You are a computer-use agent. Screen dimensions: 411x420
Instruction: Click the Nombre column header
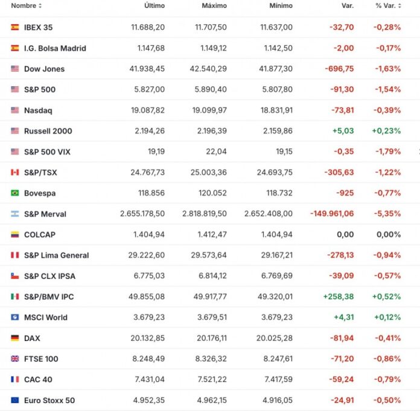coord(23,5)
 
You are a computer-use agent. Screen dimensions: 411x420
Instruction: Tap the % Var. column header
coord(386,5)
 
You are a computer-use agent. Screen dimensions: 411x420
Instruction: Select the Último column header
coord(154,5)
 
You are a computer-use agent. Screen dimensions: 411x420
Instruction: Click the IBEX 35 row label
coord(38,27)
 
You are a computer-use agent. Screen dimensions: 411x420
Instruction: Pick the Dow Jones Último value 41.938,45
coord(147,69)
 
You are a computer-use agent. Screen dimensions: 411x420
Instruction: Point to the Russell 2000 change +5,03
coord(342,131)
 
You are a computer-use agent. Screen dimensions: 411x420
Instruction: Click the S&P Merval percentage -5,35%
coord(388,214)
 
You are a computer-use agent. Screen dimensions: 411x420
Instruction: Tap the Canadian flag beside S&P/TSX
coord(15,173)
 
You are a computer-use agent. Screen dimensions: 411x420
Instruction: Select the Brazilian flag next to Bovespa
coord(15,193)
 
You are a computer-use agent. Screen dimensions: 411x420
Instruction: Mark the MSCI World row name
coord(45,317)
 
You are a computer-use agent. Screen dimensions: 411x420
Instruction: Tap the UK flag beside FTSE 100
coord(15,359)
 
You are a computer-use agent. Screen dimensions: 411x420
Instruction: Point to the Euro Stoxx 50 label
coord(49,400)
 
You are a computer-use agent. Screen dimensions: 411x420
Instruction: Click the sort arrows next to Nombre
coord(40,5)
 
